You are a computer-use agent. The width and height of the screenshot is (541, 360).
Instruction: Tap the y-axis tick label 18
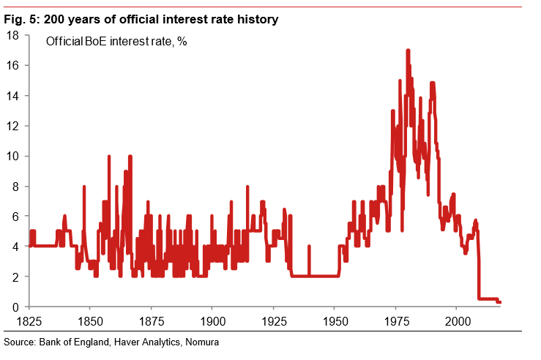12,35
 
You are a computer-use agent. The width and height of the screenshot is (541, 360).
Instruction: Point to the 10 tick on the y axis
12,157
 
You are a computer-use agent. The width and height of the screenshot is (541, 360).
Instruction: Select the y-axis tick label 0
15,307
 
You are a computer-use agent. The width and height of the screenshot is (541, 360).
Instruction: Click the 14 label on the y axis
12,96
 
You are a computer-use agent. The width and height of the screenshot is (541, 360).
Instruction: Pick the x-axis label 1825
29,321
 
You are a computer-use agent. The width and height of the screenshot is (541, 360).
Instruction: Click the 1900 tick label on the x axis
212,321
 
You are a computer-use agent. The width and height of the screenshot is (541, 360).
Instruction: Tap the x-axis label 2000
458,321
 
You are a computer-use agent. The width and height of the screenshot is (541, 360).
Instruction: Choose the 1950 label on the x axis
335,321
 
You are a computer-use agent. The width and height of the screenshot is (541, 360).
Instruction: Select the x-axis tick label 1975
396,321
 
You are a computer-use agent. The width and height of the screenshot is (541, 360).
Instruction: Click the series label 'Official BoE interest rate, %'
116,42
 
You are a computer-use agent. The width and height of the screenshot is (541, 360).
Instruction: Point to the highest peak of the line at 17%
408,50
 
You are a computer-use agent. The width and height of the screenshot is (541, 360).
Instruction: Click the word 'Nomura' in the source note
203,342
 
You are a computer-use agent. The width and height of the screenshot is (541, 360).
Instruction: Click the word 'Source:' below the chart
20,342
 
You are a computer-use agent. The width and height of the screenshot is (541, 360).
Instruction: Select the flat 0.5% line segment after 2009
487,299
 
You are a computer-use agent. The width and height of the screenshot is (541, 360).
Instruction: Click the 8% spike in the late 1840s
84,187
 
